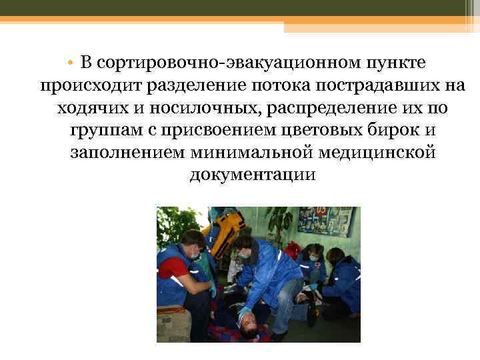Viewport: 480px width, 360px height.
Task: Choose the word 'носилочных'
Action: [181, 108]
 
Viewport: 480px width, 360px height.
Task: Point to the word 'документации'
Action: [252, 175]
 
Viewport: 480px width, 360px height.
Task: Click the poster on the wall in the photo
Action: [325, 222]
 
